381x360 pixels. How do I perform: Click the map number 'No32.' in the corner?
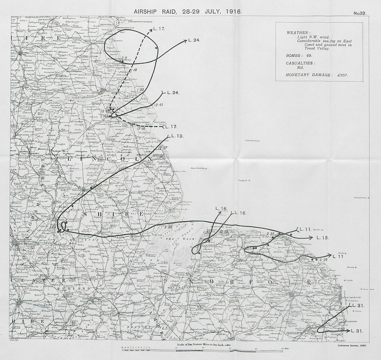[360, 13]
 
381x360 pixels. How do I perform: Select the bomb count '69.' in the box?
[307, 56]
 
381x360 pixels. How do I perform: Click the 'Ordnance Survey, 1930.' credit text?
[352, 344]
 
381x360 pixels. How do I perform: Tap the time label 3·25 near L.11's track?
[324, 260]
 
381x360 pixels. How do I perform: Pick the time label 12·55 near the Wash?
[223, 232]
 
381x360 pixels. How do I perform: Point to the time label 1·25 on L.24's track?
[134, 90]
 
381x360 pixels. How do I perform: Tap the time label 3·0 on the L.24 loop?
[124, 58]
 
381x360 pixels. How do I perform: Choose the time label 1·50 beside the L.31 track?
[341, 329]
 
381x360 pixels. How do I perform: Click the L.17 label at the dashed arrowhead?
[159, 29]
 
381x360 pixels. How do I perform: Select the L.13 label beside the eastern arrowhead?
[322, 238]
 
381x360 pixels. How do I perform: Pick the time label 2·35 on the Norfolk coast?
[271, 233]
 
